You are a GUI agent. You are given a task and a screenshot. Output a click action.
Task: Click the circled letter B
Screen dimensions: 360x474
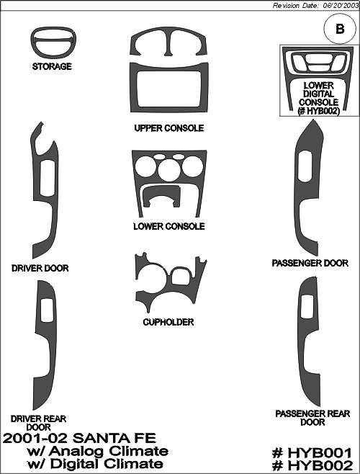[340, 29]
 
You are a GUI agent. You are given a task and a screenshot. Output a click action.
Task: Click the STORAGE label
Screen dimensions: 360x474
[52, 66]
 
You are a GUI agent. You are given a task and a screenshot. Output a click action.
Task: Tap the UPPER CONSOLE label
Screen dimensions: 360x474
[169, 128]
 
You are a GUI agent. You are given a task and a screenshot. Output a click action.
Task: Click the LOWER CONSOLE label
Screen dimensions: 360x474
[169, 226]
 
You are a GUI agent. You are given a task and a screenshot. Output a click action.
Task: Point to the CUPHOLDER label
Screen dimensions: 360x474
[168, 322]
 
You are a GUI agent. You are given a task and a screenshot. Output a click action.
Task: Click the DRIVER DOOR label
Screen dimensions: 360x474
[40, 268]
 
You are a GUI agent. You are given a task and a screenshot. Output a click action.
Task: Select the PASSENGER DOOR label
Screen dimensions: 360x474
[310, 264]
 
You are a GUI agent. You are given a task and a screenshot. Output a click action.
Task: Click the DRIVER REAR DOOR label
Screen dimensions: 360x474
[38, 423]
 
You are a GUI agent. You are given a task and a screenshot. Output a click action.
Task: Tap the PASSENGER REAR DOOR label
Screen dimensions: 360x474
[312, 418]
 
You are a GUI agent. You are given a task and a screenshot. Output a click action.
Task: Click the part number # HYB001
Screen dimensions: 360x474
[312, 453]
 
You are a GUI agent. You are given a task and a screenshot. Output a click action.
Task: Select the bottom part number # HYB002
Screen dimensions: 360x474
[312, 465]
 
